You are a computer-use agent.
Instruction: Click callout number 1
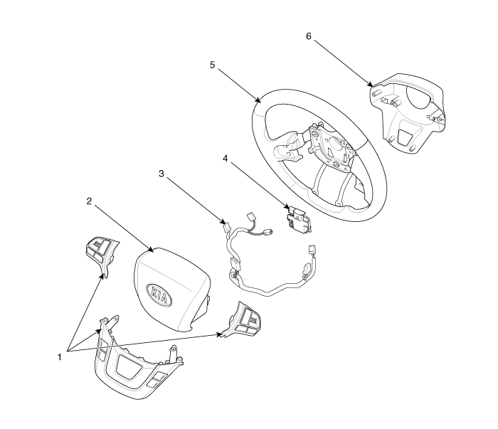[x=59, y=357]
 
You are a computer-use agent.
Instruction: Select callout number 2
[x=89, y=201]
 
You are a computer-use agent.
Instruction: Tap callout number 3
[x=161, y=174]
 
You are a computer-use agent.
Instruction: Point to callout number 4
[x=226, y=158]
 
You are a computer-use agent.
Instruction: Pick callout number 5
[x=212, y=65]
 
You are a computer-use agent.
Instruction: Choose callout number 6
[x=309, y=36]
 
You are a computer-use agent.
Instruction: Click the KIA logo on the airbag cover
[x=159, y=295]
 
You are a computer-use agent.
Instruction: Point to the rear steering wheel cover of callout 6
[x=407, y=112]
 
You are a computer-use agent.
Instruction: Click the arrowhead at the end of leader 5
[x=259, y=100]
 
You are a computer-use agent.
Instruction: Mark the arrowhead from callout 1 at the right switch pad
[x=219, y=334]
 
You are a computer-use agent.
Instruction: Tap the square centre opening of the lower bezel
[x=129, y=366]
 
